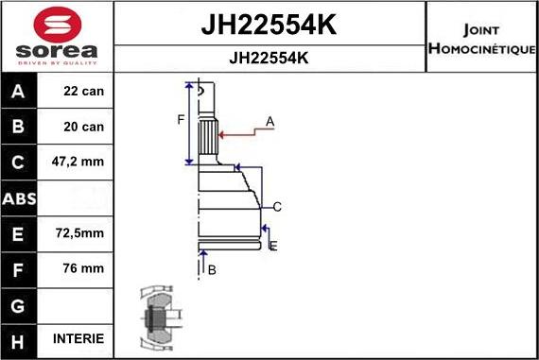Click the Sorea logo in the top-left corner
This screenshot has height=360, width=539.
57,36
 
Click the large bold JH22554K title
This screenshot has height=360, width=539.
269,26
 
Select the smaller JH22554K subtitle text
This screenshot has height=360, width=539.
269,57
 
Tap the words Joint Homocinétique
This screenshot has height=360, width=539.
482,36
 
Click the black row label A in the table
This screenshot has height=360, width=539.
18,93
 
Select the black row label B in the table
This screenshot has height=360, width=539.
18,128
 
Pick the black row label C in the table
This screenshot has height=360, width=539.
18,163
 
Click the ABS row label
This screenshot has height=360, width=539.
18,198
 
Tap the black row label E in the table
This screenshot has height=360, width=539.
18,233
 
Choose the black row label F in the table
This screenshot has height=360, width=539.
18,268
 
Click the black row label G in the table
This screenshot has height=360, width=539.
18,304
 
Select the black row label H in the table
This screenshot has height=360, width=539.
18,339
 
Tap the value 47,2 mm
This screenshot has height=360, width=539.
79,163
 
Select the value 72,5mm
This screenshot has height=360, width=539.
79,233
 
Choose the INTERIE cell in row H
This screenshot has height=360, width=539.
79,339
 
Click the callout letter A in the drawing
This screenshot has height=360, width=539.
269,121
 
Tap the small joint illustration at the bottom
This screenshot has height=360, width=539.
156,319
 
